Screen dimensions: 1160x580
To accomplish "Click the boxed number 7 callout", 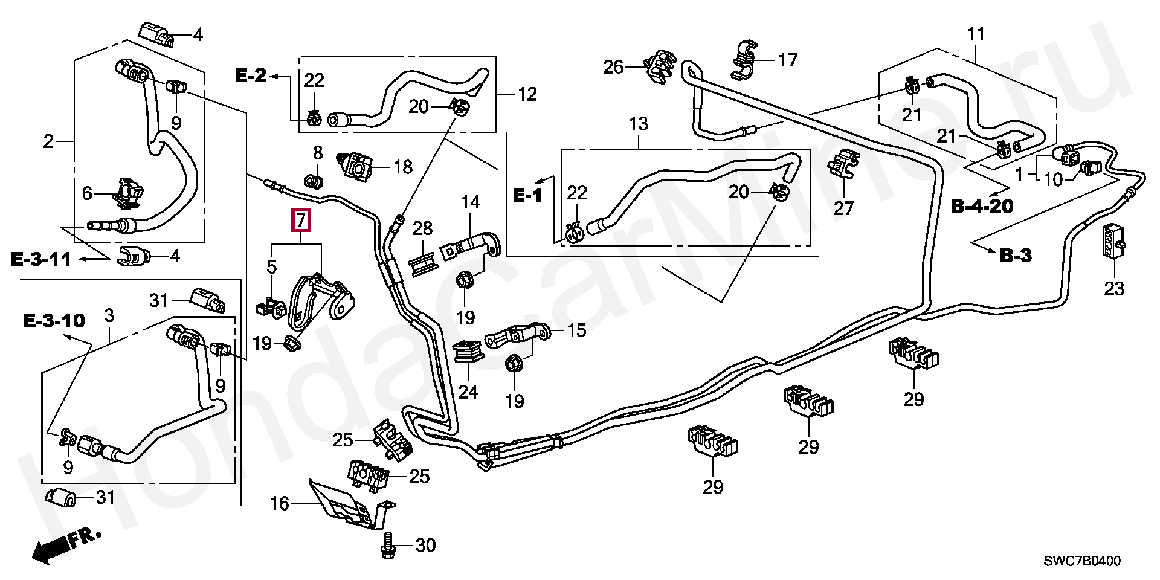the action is click(x=301, y=221).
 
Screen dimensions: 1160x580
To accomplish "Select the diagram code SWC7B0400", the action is click(x=1081, y=561).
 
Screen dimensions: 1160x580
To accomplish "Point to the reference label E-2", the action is click(x=250, y=76).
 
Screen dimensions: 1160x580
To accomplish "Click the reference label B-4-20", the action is click(x=982, y=206).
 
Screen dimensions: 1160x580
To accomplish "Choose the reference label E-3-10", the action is click(x=54, y=320).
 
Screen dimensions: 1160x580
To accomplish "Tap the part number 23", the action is click(x=1114, y=289).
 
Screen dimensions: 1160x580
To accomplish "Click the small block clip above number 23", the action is click(x=1113, y=241).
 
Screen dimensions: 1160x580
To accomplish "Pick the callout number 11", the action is click(x=976, y=34).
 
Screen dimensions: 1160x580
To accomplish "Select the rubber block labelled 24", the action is click(x=468, y=353).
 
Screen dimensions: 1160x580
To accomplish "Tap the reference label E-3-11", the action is click(x=41, y=259).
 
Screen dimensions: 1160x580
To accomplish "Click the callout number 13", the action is click(x=638, y=124).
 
